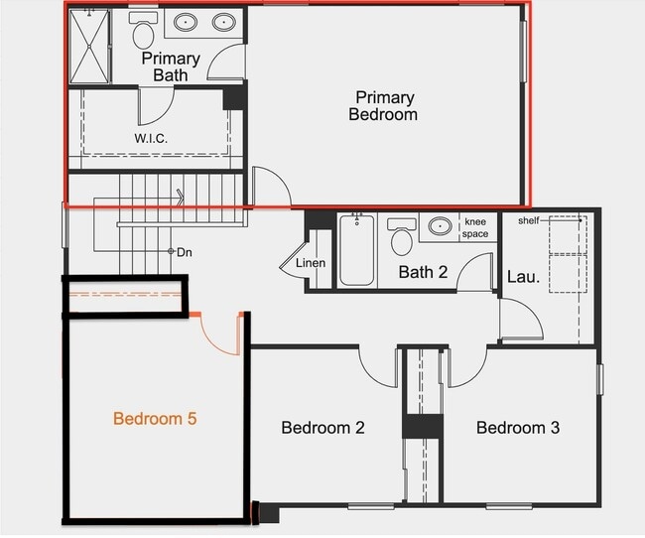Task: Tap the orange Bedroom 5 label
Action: pyautogui.click(x=155, y=419)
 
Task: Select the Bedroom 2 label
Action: pyautogui.click(x=322, y=428)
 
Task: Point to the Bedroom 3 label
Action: pyautogui.click(x=518, y=428)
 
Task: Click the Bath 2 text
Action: pyautogui.click(x=423, y=272)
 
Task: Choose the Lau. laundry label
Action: pyautogui.click(x=523, y=277)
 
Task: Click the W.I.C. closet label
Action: pyautogui.click(x=151, y=138)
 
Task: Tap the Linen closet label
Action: pyautogui.click(x=311, y=264)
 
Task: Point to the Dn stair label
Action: pyautogui.click(x=184, y=252)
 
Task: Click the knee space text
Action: pyautogui.click(x=475, y=227)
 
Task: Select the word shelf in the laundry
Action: pyautogui.click(x=528, y=220)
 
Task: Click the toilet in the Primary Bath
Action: pyautogui.click(x=144, y=32)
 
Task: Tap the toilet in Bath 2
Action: pyautogui.click(x=402, y=238)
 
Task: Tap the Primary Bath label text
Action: pyautogui.click(x=177, y=67)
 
